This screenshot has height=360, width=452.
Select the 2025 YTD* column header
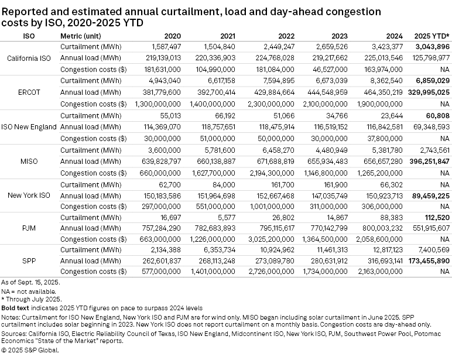(x=432, y=36)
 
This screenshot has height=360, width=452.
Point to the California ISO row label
(x=29, y=58)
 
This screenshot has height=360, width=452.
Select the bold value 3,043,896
(x=431, y=46)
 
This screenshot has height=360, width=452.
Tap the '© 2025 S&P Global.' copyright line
(x=30, y=350)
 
